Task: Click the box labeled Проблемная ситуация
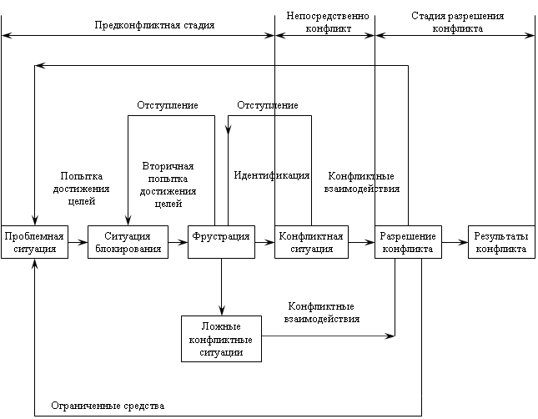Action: [x=34, y=242]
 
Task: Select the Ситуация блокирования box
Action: [x=128, y=242]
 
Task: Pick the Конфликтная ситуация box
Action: [x=310, y=242]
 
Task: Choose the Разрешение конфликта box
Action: [x=408, y=242]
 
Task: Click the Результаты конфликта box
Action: [x=500, y=242]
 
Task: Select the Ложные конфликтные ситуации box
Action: [x=221, y=338]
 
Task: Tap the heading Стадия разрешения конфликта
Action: [x=458, y=22]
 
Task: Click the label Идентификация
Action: [x=272, y=176]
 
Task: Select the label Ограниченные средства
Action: [x=108, y=406]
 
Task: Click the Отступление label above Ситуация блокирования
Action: [x=167, y=105]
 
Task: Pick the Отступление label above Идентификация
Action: [x=268, y=105]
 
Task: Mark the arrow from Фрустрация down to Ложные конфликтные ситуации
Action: [x=221, y=287]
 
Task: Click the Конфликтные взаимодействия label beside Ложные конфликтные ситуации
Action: [x=321, y=313]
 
